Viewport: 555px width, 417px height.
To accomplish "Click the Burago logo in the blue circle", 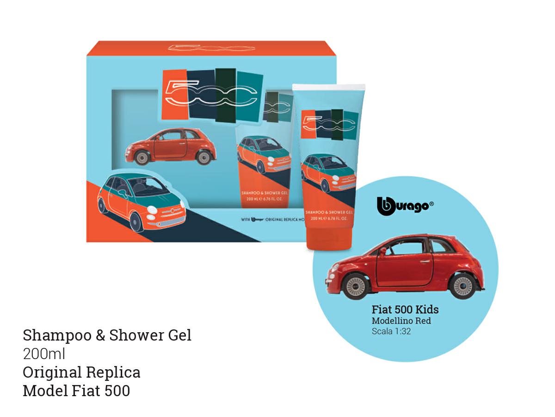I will [x=405, y=206].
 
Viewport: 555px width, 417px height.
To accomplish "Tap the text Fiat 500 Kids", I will [x=405, y=310].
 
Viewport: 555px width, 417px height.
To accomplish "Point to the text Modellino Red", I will [x=401, y=321].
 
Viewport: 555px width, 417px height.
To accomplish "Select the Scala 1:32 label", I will [x=391, y=331].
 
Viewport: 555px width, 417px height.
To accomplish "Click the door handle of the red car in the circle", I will [x=424, y=262].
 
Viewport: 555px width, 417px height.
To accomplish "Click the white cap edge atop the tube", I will [x=329, y=87].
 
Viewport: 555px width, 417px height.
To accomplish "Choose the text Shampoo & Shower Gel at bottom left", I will [x=107, y=335].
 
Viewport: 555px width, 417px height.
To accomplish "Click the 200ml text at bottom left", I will [x=44, y=354].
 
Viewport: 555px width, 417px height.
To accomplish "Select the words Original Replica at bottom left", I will [x=81, y=372].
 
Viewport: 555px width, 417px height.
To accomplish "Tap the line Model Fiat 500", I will [x=76, y=391].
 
